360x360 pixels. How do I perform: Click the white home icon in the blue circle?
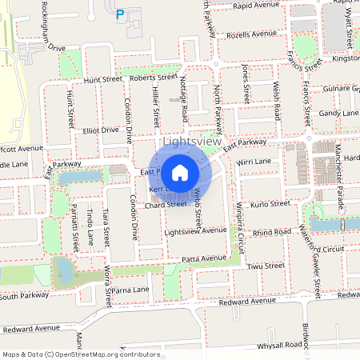(x=180, y=172)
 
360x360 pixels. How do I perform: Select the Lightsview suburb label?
(x=191, y=142)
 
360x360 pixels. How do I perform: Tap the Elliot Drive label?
(x=100, y=129)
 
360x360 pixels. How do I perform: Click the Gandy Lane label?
(x=338, y=114)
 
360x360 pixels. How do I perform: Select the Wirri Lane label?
(x=254, y=162)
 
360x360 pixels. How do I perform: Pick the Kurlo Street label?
(x=270, y=204)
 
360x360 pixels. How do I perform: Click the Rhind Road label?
(x=272, y=231)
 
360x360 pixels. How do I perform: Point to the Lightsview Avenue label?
(x=195, y=230)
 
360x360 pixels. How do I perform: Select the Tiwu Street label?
(x=266, y=266)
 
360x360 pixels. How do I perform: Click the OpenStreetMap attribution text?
(x=81, y=354)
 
